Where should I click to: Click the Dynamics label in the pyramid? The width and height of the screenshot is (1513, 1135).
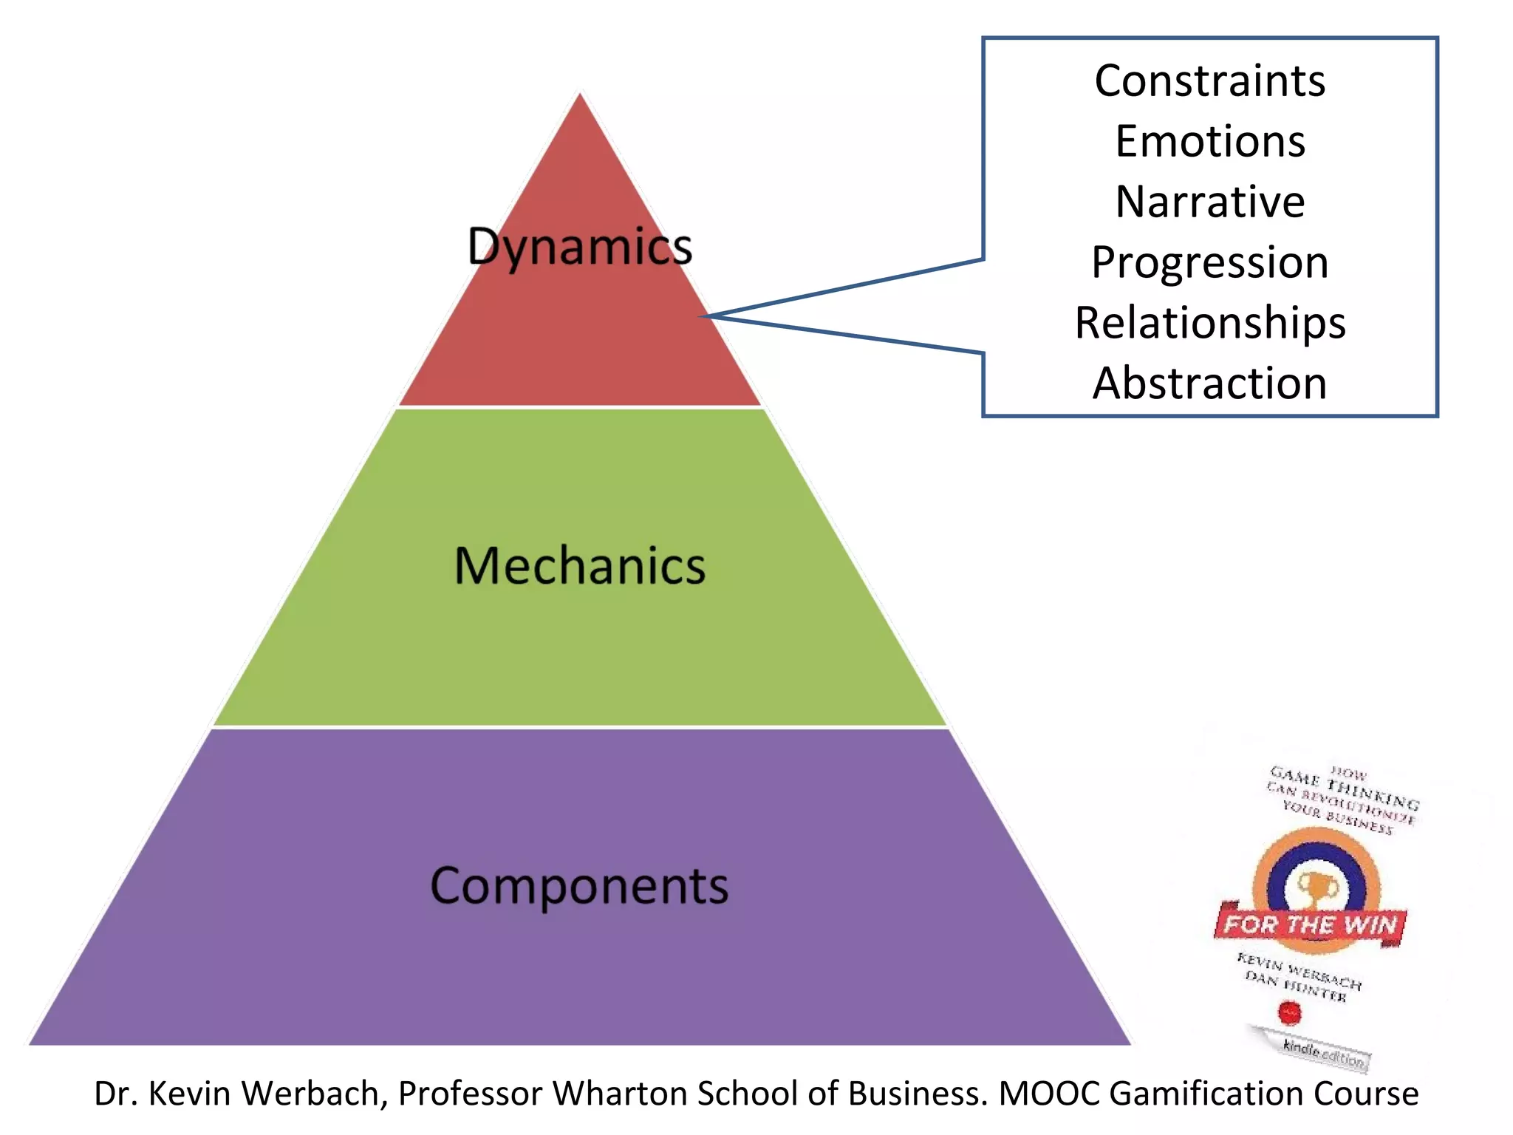pos(580,247)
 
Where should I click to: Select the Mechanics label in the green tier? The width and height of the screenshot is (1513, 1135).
pos(580,567)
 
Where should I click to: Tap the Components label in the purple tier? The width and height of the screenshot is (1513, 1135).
pos(580,886)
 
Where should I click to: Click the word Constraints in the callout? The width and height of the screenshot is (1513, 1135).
pos(1210,81)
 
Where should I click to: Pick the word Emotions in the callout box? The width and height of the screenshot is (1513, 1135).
pos(1210,141)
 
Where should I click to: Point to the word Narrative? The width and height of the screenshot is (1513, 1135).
pos(1210,202)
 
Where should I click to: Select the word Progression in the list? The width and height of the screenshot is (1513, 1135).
pos(1210,262)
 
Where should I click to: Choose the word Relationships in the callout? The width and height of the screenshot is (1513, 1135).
pos(1210,323)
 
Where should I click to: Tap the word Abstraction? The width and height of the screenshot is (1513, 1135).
pos(1210,384)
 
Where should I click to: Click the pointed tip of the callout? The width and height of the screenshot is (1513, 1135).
pos(706,316)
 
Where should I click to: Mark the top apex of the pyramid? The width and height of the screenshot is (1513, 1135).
pos(581,95)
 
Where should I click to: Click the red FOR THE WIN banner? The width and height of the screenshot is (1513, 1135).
pos(1310,924)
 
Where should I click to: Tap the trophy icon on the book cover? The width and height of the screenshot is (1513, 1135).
pos(1314,887)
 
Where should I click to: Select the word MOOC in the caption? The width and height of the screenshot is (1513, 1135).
pos(1049,1094)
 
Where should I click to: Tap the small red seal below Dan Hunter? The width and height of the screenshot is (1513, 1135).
pos(1289,1012)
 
